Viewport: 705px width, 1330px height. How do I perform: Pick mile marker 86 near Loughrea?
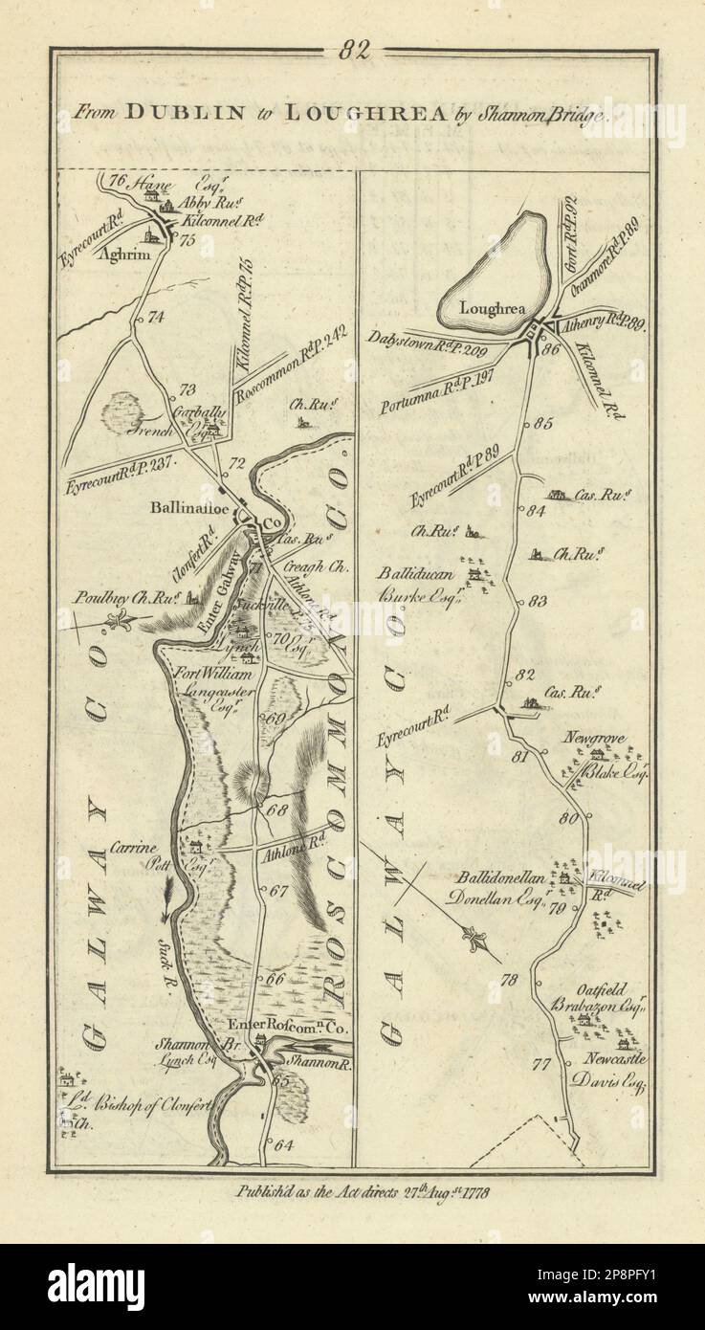[550, 349]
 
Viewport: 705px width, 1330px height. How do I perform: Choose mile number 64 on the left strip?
[281, 1143]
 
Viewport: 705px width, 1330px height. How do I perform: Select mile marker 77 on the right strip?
[542, 1063]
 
